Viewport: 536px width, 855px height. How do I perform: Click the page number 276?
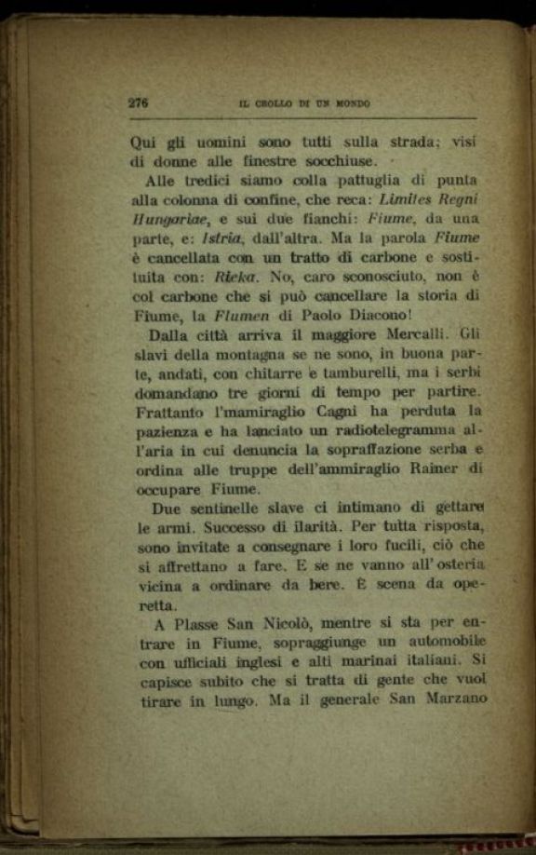[139, 103]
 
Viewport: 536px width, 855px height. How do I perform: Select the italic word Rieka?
[233, 277]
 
